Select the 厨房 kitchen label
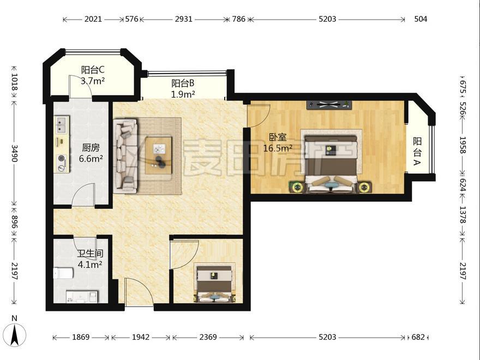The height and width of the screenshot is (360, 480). click(91, 148)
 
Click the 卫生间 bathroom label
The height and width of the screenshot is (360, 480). click(90, 254)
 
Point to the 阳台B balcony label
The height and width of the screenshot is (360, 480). click(183, 83)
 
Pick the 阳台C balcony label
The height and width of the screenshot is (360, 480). click(93, 70)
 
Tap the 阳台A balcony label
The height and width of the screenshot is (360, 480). click(417, 151)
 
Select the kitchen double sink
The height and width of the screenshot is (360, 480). click(62, 125)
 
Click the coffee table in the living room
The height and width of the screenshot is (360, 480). click(159, 155)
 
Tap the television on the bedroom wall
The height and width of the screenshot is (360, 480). click(329, 105)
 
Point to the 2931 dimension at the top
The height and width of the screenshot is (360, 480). click(184, 19)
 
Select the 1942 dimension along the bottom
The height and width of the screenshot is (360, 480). click(141, 337)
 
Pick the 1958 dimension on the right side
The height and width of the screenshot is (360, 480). click(463, 146)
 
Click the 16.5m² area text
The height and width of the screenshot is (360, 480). click(278, 148)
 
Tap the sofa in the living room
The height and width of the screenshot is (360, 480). click(125, 156)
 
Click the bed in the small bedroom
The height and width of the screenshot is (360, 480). click(215, 283)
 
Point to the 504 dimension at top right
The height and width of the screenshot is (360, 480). click(421, 19)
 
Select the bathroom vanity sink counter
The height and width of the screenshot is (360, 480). click(82, 296)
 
